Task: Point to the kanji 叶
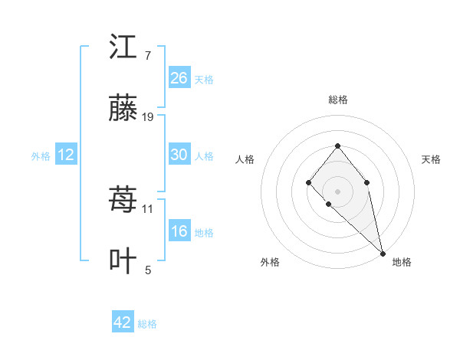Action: click(123, 260)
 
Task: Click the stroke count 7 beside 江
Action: click(147, 56)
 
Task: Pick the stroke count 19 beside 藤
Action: click(148, 117)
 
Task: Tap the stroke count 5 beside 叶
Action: click(147, 270)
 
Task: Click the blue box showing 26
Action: click(179, 78)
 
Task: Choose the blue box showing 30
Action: click(179, 155)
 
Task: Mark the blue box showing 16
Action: click(179, 231)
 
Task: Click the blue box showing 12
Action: click(66, 155)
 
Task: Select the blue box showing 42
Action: click(123, 322)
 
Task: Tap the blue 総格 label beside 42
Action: click(147, 324)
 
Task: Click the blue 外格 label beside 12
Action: click(41, 156)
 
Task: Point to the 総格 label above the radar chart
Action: click(337, 100)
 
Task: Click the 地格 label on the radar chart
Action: click(402, 262)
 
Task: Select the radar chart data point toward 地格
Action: click(382, 253)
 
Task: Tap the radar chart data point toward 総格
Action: click(337, 146)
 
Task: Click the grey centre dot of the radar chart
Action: click(337, 190)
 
